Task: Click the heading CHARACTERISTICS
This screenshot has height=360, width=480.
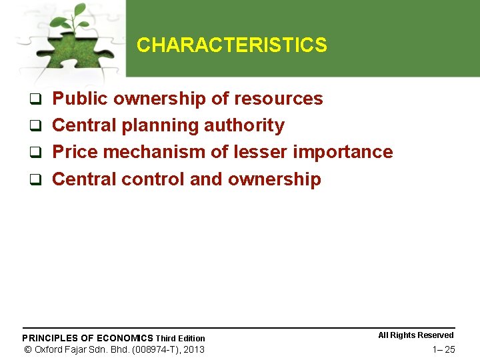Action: coord(231,45)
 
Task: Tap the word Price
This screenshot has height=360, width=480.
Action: coord(75,152)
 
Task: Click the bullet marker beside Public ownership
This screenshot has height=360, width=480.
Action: coord(38,100)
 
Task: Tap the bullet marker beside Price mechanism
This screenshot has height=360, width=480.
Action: coord(38,153)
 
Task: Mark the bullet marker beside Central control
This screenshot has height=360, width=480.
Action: coord(38,180)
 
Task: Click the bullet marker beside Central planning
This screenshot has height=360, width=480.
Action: coord(38,127)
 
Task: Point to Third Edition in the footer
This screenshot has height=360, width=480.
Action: coord(181,339)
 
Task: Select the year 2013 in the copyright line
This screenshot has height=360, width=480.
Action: coord(193,349)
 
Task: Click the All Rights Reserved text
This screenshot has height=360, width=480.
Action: coord(416,335)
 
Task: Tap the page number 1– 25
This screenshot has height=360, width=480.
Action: coord(443,349)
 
